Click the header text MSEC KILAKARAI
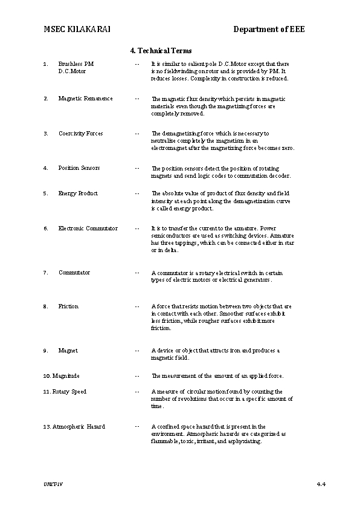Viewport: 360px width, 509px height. tap(77, 30)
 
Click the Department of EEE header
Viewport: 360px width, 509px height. tap(269, 30)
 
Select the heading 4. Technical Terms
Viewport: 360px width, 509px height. tap(161, 50)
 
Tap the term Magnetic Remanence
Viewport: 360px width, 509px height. tap(85, 99)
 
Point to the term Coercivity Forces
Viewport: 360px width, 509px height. tap(80, 134)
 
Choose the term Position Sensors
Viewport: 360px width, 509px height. tap(79, 168)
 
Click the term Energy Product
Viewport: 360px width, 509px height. tap(78, 193)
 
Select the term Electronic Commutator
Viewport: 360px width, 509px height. tap(88, 229)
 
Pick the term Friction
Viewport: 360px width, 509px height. tap(68, 306)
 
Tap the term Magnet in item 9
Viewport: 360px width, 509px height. tap(68, 351)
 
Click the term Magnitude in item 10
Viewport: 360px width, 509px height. tap(66, 376)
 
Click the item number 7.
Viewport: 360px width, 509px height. tap(45, 273)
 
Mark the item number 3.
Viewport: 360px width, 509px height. tap(45, 134)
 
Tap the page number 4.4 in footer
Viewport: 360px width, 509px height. tap(321, 485)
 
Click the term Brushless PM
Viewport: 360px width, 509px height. tap(76, 63)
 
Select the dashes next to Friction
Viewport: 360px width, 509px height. tap(138, 306)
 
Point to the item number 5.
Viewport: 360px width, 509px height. tap(45, 193)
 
